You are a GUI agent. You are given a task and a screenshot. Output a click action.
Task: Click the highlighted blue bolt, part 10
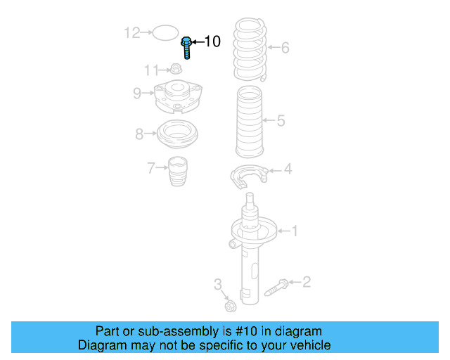tap(187, 46)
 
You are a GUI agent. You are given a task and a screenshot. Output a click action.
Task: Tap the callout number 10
tap(211, 42)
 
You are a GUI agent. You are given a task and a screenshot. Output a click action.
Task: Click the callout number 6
tap(285, 49)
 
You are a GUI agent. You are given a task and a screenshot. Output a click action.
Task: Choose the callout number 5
tap(281, 121)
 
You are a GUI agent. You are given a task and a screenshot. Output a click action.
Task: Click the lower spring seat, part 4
tap(250, 176)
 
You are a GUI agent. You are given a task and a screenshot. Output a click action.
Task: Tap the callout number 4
tap(288, 169)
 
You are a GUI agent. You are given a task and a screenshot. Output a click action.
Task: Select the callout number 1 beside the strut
tap(295, 230)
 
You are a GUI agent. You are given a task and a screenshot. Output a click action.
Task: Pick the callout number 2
tap(306, 283)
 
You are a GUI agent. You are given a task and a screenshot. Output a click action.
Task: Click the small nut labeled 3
tap(229, 306)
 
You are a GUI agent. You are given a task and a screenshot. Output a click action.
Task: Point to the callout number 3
tap(218, 285)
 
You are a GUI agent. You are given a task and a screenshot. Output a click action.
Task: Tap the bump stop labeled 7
tap(179, 172)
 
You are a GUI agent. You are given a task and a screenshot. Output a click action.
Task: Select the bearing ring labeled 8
tap(178, 134)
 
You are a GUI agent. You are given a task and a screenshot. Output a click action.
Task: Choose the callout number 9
tap(138, 92)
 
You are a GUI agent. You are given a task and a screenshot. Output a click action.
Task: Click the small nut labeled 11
tap(176, 69)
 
